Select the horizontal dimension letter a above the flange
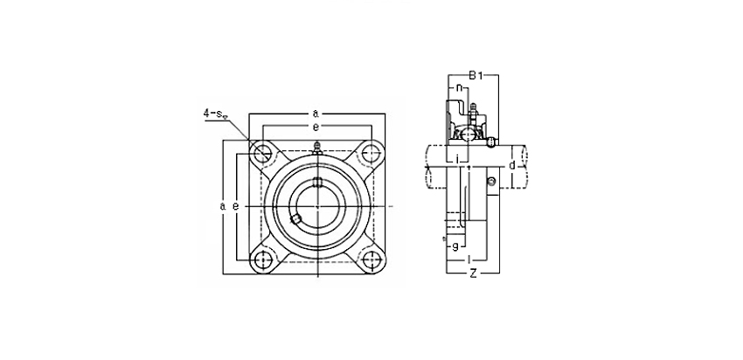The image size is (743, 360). coord(316,114)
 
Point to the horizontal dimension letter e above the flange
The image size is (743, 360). coord(316,127)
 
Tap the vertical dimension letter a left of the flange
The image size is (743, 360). coord(222,206)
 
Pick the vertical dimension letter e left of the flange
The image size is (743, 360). coord(235,206)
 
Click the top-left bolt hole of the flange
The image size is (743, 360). coord(261,154)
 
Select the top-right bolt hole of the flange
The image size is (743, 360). coord(370,153)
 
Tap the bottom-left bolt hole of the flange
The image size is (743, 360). coord(261,260)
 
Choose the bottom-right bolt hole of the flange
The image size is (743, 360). coord(370,260)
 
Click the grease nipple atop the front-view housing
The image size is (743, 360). coord(316,149)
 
